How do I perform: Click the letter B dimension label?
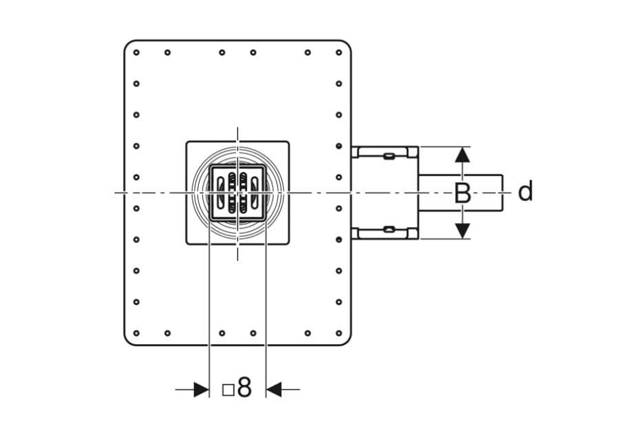(x=462, y=193)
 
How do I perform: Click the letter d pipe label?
(x=526, y=191)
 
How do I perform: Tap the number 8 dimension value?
(x=244, y=387)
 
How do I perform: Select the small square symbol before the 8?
(x=228, y=390)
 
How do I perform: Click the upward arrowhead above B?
(x=462, y=154)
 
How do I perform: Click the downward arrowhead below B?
(x=462, y=231)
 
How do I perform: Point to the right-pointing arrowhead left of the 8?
(x=202, y=390)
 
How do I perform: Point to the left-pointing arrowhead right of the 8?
(x=273, y=390)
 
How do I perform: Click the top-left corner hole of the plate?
(x=136, y=52)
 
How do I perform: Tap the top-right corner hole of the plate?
(x=338, y=52)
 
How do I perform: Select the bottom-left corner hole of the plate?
(x=136, y=333)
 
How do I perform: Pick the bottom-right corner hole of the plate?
(x=338, y=333)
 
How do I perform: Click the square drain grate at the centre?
(x=237, y=193)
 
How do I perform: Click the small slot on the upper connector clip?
(x=389, y=156)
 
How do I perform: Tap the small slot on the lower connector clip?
(x=389, y=229)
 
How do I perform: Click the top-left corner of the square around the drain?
(x=186, y=141)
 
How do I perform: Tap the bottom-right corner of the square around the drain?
(x=289, y=244)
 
